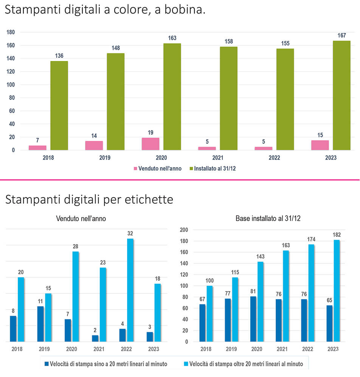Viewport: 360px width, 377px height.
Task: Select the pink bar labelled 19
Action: tap(151, 144)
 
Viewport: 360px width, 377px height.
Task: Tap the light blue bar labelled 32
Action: tap(130, 290)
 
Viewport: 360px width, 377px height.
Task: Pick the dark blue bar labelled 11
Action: tap(40, 324)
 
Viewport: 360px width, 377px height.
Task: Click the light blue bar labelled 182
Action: tap(337, 291)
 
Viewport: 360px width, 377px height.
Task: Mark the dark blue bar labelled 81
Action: tap(253, 319)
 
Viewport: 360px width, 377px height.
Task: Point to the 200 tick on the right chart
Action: tap(184, 230)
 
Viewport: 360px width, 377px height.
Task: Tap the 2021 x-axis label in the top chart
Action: tap(217, 157)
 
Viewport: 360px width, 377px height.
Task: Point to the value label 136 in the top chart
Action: tap(59, 56)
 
